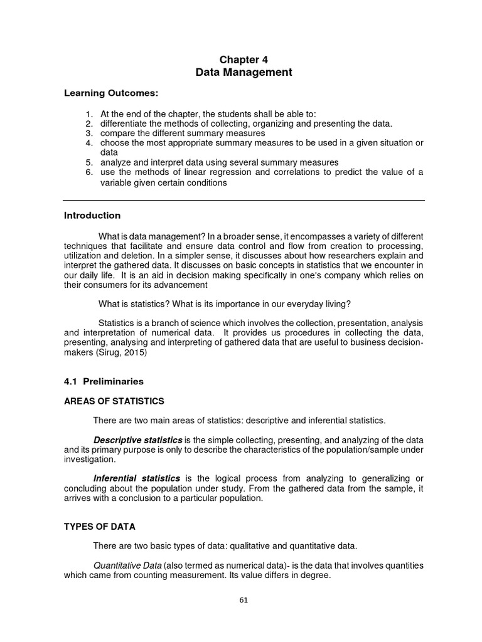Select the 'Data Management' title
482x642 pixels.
[x=244, y=73]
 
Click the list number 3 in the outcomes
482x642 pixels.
[x=88, y=134]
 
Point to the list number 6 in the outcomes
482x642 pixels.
[x=88, y=172]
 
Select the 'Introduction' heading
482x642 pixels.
[x=92, y=216]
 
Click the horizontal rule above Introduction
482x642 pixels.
[x=244, y=201]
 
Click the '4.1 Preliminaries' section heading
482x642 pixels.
[x=104, y=381]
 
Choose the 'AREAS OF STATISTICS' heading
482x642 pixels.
[x=114, y=401]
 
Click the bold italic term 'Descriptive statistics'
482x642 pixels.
[x=138, y=439]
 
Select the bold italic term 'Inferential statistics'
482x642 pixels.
[x=137, y=478]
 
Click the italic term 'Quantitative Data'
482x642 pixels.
[x=127, y=565]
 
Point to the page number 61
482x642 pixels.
[x=244, y=599]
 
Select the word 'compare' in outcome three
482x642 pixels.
[x=118, y=134]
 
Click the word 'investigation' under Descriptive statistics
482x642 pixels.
[x=90, y=460]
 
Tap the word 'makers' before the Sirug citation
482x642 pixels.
[x=78, y=353]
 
